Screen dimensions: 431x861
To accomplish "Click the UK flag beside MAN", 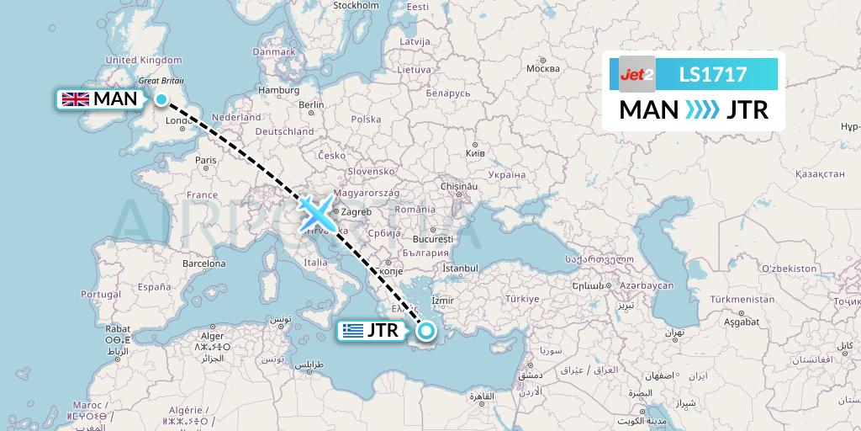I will (x=75, y=99).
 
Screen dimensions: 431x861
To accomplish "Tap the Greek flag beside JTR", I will (x=352, y=331).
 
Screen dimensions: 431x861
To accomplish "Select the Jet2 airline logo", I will (x=637, y=74).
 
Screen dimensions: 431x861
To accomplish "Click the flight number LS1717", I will (x=713, y=74).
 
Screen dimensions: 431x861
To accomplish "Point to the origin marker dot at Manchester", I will (x=161, y=100).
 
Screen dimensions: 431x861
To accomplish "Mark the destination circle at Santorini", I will (x=426, y=331).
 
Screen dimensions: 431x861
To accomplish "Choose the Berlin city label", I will (x=311, y=105).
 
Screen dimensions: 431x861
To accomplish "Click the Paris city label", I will (x=206, y=159).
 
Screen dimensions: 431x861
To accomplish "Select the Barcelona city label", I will (x=205, y=263).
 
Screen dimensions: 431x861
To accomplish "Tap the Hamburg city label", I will (x=274, y=90).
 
